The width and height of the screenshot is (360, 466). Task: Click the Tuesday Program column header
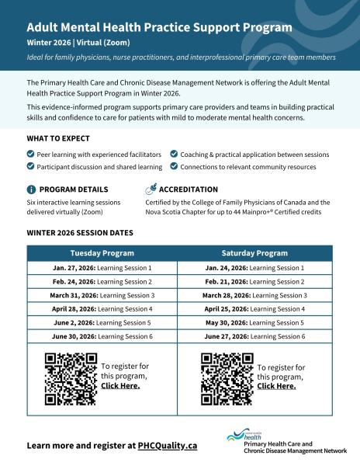click(102, 253)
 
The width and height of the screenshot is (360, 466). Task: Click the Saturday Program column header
click(254, 253)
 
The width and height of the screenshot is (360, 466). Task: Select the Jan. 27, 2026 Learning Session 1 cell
click(102, 268)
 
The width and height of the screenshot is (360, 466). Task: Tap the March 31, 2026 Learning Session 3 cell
click(102, 295)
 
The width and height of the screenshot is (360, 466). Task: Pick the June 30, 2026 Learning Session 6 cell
click(102, 336)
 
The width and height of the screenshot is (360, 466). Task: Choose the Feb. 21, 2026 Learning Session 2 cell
click(254, 281)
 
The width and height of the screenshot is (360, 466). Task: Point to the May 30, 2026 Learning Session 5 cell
click(254, 322)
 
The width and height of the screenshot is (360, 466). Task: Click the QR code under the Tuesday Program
click(71, 378)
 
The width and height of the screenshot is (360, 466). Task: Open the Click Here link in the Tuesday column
click(120, 386)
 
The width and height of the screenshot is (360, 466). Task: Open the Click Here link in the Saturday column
click(276, 386)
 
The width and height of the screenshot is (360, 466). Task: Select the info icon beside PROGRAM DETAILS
click(31, 190)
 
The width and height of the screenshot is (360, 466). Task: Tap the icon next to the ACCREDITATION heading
click(151, 189)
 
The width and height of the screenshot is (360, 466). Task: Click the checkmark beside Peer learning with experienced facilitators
click(30, 155)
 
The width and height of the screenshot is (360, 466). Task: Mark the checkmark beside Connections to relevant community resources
click(174, 166)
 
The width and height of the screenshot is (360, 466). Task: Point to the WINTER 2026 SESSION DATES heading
click(80, 233)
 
